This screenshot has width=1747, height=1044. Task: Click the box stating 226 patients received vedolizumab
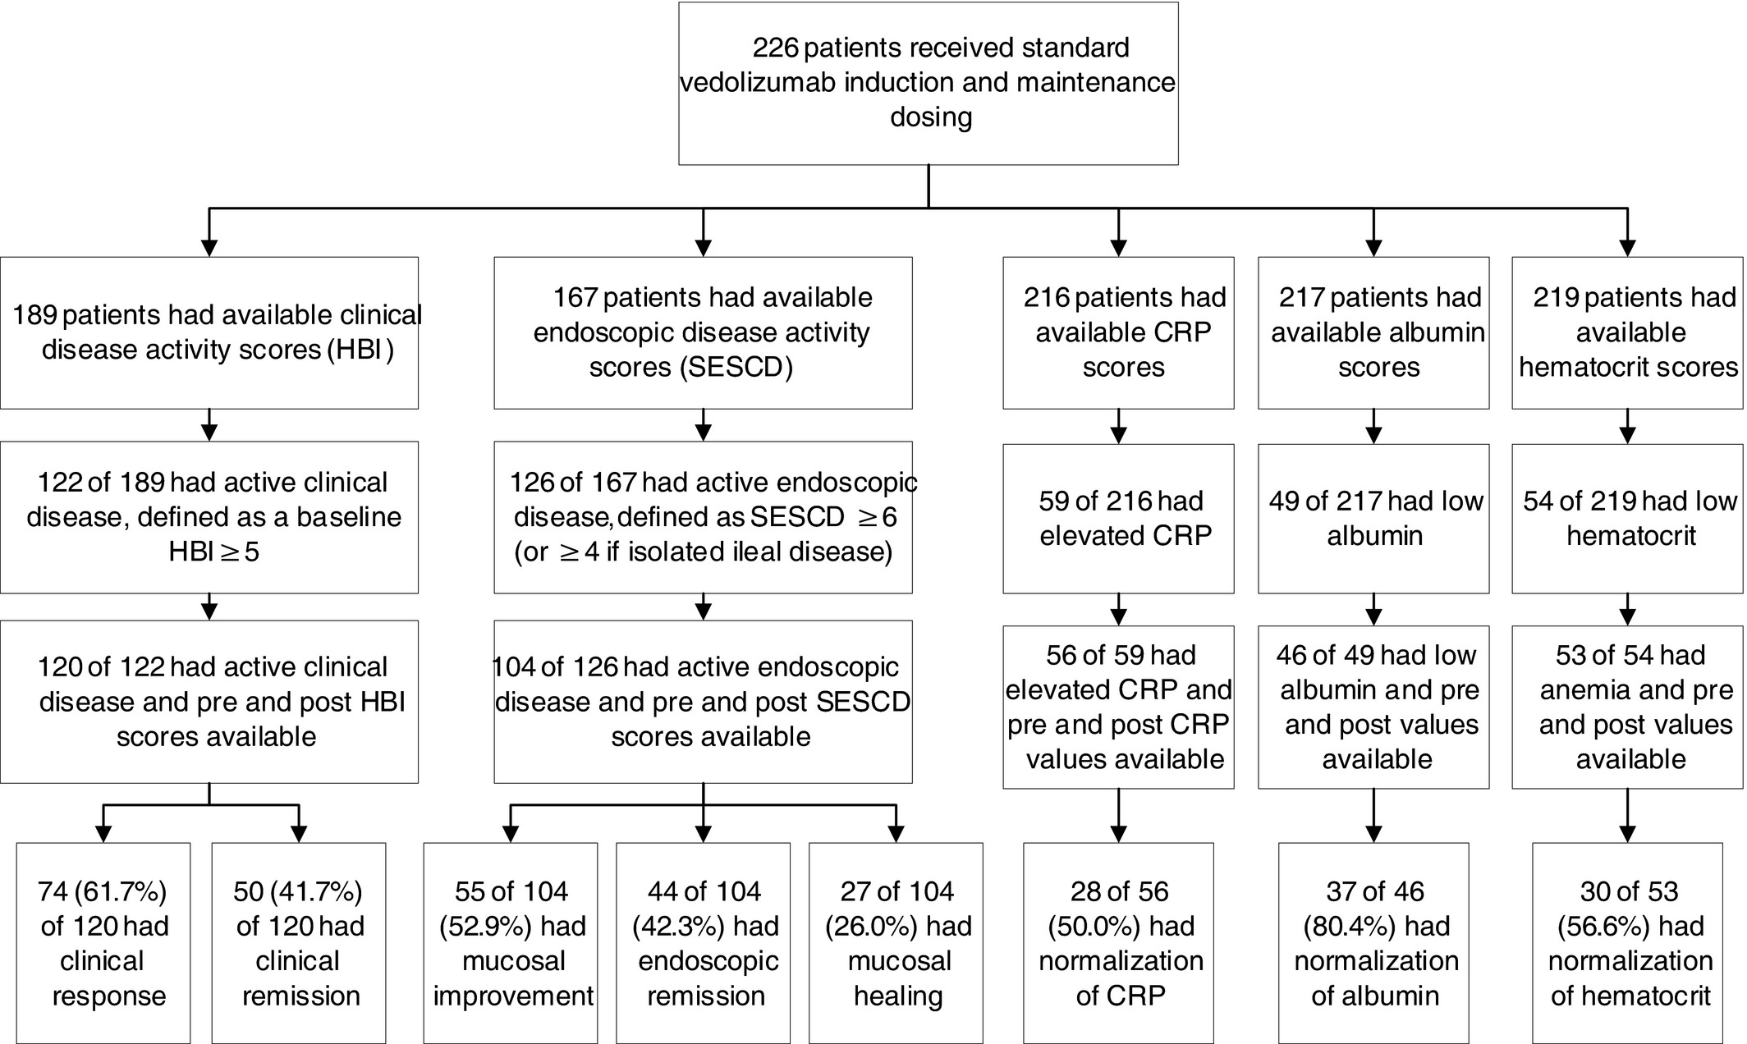tap(929, 83)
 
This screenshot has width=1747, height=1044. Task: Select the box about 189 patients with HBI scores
tap(209, 332)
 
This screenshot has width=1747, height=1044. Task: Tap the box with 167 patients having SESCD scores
tap(703, 332)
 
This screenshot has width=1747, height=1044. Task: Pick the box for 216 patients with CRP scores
tap(1118, 332)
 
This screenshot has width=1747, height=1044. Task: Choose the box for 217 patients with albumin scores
tap(1373, 332)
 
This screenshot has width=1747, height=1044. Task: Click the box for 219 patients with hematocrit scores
tap(1627, 332)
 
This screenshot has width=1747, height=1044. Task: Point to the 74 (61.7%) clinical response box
tap(103, 943)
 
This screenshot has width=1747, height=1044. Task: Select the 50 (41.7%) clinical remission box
tap(299, 943)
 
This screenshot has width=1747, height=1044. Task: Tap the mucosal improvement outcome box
tap(510, 943)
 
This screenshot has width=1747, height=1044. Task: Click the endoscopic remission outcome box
tap(703, 943)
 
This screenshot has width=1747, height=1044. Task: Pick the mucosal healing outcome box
tap(896, 943)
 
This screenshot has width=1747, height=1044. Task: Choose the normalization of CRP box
tap(1118, 943)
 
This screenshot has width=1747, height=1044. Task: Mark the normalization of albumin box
tap(1373, 943)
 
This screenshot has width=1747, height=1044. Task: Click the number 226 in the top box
tap(775, 48)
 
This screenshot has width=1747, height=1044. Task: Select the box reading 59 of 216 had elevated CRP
tap(1118, 519)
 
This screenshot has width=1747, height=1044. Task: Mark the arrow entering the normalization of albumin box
tap(1373, 816)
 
